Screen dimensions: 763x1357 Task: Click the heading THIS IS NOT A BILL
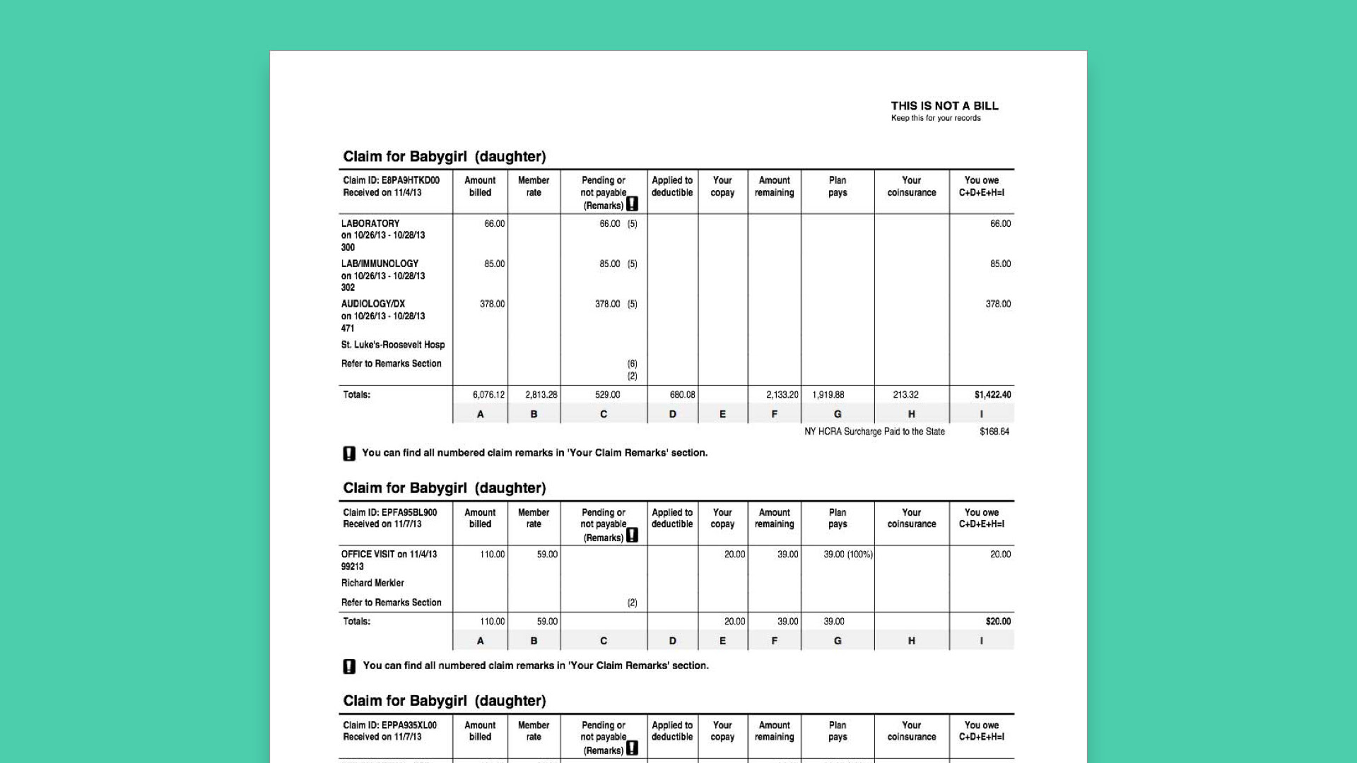pos(944,106)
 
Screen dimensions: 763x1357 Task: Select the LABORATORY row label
pos(370,223)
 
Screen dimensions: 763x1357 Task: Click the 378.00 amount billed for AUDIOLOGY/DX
pos(492,304)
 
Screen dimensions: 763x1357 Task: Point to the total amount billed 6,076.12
pos(488,395)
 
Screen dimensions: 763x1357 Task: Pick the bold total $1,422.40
pos(992,395)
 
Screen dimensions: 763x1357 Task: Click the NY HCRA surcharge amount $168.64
pos(994,432)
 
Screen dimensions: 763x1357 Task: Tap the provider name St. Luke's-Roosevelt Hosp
pos(393,345)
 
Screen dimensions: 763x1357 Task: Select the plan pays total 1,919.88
pos(828,395)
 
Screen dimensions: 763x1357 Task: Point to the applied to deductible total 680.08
pos(682,395)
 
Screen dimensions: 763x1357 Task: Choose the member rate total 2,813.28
pos(541,395)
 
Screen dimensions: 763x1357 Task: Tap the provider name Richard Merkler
pos(372,583)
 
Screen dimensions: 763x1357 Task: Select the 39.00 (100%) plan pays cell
pos(847,555)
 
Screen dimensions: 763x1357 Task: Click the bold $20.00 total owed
pos(998,622)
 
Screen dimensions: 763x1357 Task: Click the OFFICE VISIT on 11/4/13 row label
pos(389,555)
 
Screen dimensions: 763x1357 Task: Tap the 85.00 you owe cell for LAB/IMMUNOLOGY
pos(1000,264)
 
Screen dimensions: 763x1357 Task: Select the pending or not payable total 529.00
pos(607,395)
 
